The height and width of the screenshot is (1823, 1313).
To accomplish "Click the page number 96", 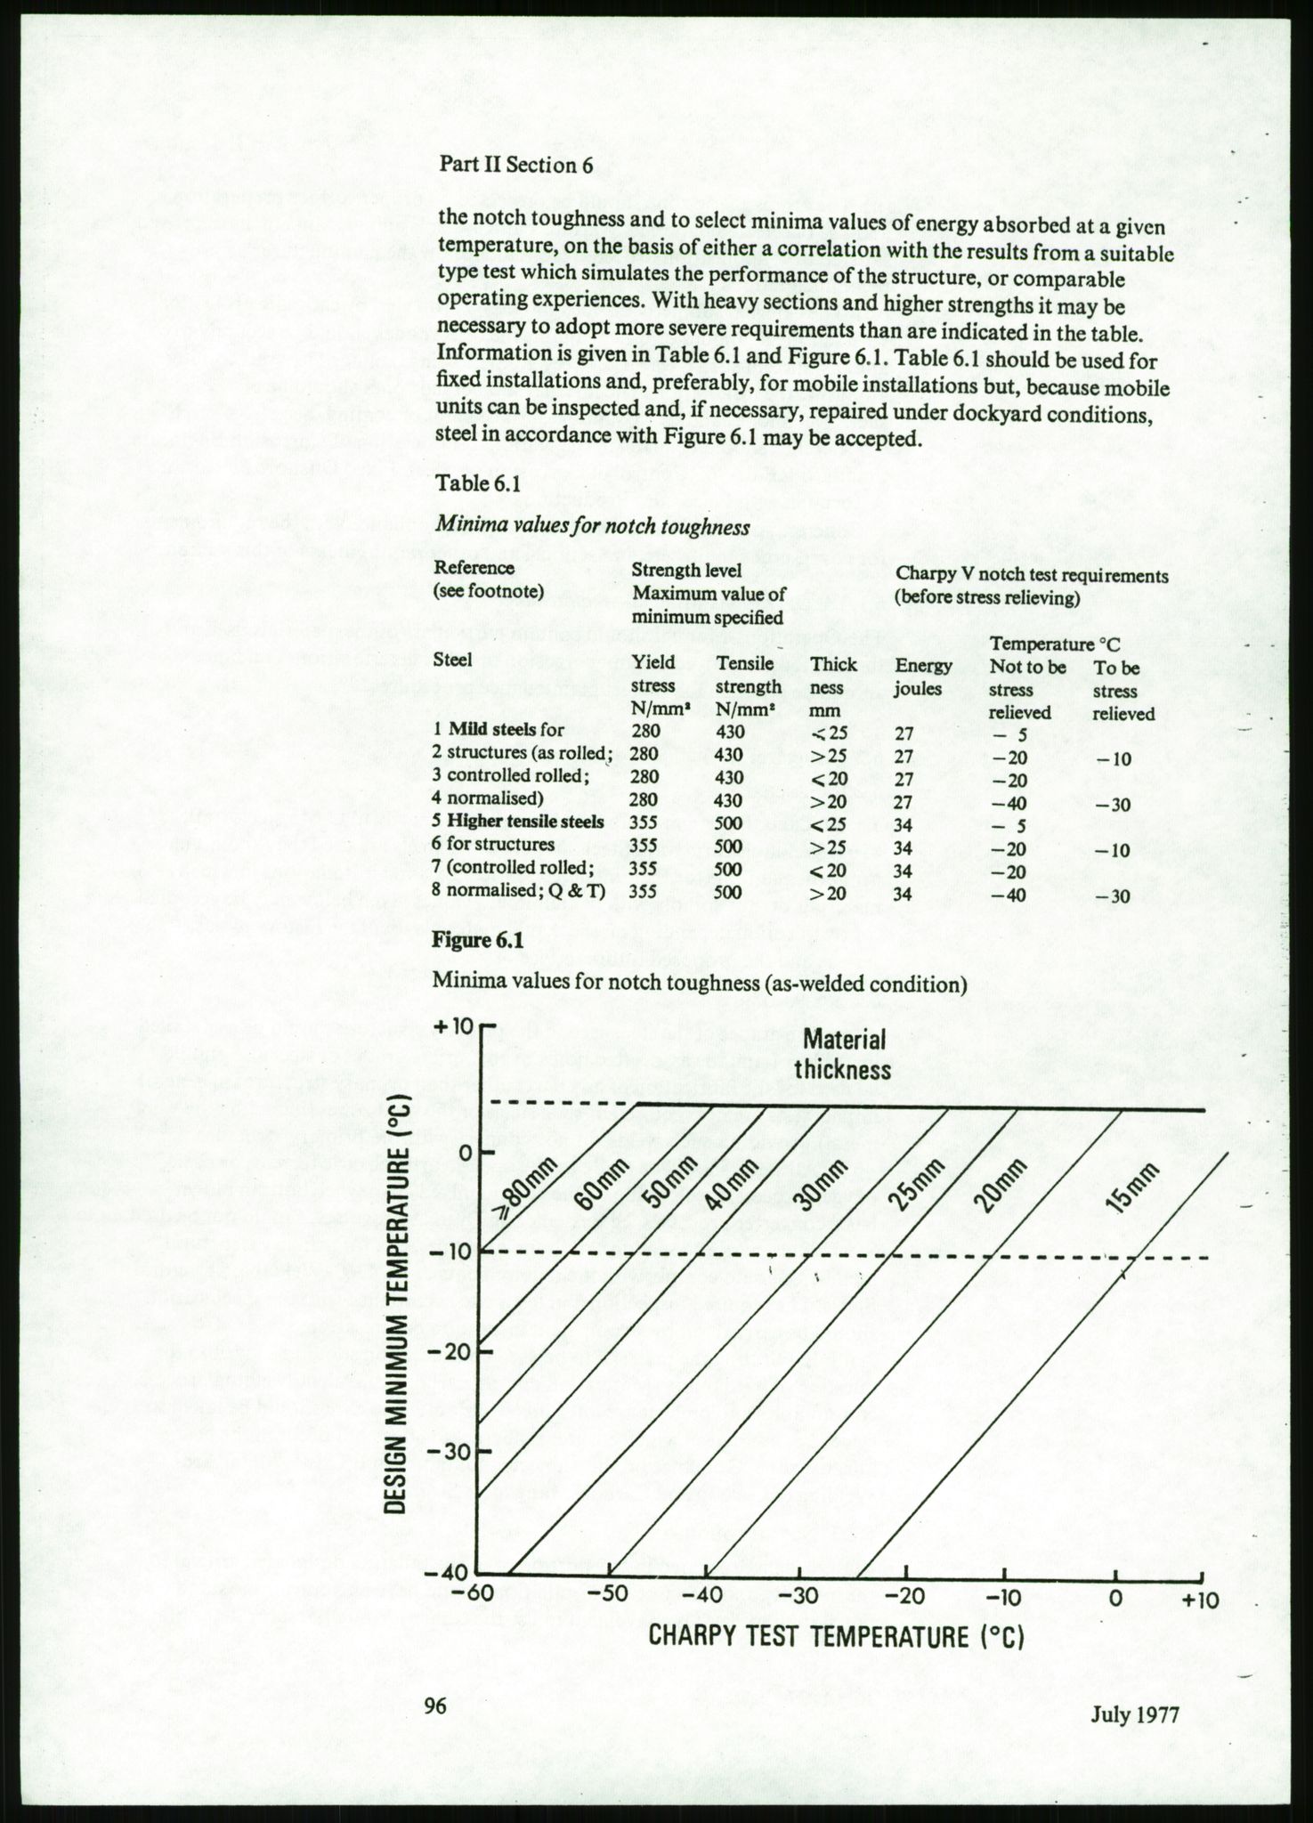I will point(435,1706).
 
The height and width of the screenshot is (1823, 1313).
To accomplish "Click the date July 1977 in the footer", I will point(1135,1714).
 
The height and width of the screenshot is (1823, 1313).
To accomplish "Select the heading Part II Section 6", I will point(515,165).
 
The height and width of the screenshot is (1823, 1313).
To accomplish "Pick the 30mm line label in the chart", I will point(816,1187).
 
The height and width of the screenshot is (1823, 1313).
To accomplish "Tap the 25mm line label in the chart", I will point(912,1187).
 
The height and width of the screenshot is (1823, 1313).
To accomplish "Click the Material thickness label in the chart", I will point(842,1054).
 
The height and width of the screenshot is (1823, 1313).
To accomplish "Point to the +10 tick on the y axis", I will point(455,1026).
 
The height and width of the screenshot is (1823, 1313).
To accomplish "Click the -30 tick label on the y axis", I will point(454,1451).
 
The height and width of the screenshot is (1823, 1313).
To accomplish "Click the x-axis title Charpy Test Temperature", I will point(835,1636).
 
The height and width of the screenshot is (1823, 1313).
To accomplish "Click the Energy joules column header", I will point(924,677).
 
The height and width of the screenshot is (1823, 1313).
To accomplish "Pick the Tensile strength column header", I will point(748,686).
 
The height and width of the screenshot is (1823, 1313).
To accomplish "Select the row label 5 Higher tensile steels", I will point(519,822).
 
